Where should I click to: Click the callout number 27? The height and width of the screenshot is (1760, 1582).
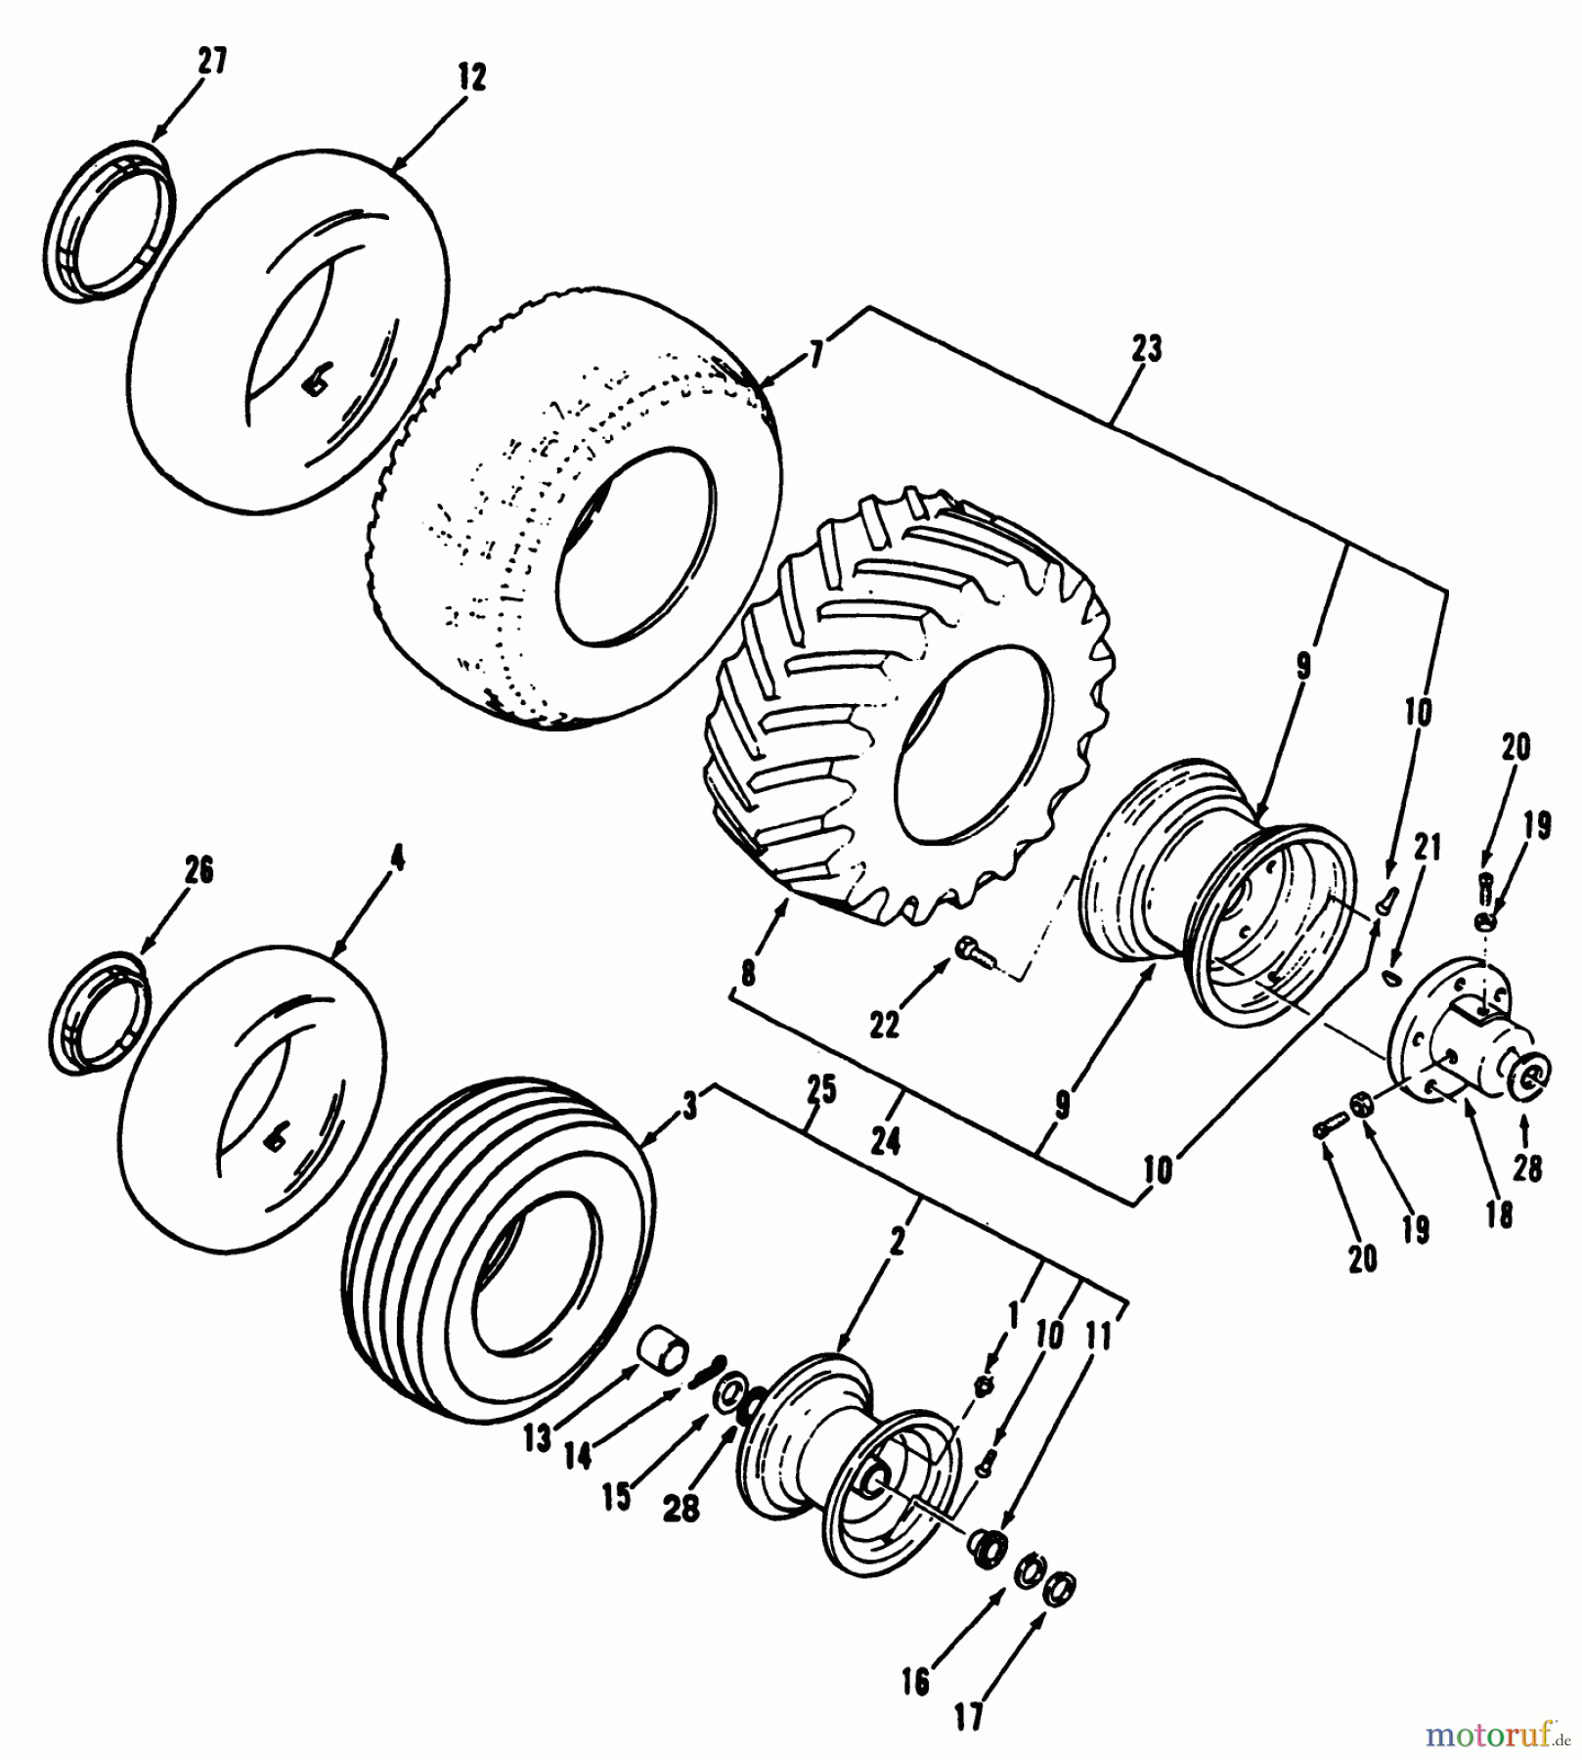click(x=211, y=62)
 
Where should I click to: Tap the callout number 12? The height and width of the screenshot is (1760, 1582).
click(x=471, y=77)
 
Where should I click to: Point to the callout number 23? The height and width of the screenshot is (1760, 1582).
click(x=1146, y=348)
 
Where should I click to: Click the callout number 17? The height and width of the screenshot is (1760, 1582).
click(x=968, y=1717)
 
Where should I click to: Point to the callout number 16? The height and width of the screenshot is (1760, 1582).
click(x=915, y=1683)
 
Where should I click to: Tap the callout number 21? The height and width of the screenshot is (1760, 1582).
click(x=1428, y=850)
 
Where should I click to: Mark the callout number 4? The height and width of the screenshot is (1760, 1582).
click(x=395, y=859)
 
